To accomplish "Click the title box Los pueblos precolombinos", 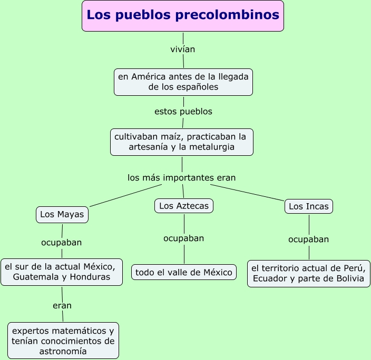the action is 183,16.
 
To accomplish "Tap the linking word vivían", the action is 183,49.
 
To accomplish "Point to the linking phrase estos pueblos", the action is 183,112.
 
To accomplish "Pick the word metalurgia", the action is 212,147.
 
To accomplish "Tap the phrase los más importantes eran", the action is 181,177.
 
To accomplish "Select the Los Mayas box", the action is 62,215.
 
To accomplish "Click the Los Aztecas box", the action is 184,206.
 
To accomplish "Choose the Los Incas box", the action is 308,206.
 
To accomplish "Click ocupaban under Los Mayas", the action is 62,243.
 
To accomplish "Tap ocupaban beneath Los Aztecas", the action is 183,238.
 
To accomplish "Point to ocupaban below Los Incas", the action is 308,239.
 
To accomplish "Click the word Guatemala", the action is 36,277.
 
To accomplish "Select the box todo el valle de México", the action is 184,272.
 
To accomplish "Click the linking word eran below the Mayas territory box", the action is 62,305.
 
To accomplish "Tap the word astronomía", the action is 63,351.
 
